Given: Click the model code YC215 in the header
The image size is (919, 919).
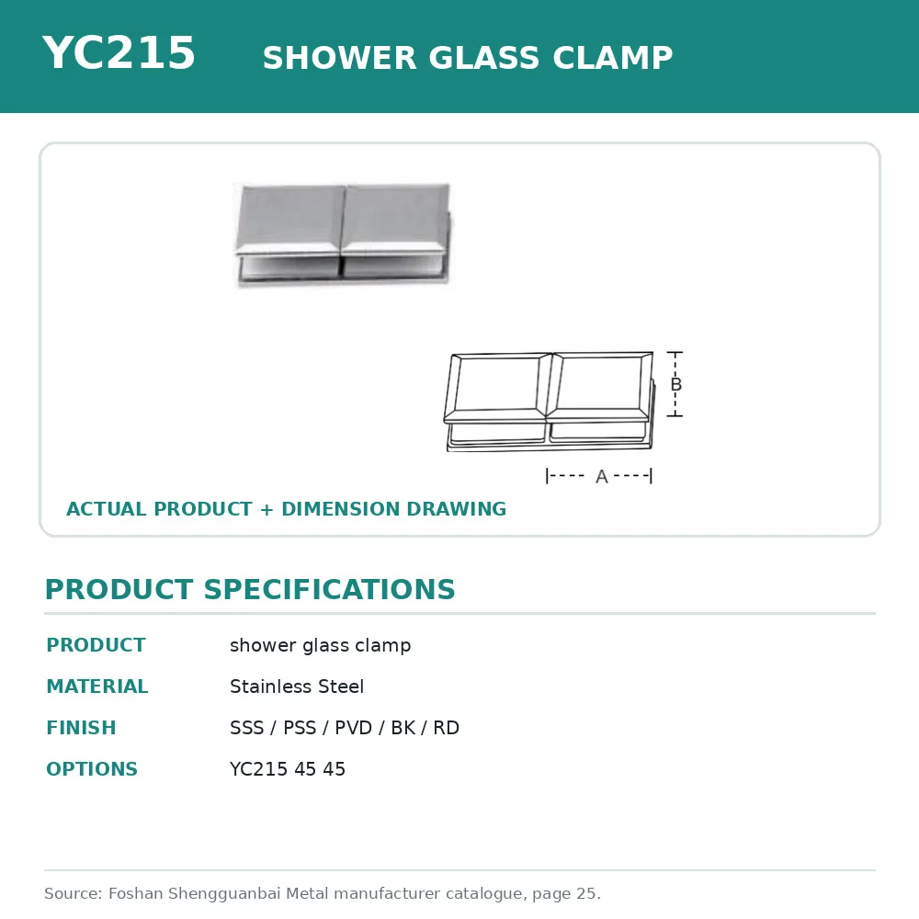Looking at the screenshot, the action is [x=119, y=52].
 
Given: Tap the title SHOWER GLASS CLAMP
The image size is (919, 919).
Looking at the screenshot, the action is [x=468, y=57].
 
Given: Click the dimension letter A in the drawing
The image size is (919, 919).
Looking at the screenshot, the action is [x=601, y=476].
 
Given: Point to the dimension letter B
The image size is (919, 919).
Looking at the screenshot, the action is [x=675, y=384].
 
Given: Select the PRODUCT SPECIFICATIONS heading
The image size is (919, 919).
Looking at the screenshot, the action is [x=250, y=589].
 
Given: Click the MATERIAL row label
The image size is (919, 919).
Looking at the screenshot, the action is [x=97, y=686].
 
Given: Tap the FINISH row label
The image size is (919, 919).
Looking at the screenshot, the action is [x=82, y=727].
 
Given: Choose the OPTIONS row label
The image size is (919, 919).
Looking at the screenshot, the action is [x=92, y=769].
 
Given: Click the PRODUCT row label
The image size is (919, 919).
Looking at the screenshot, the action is [x=96, y=645].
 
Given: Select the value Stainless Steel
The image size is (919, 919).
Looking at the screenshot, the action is [x=297, y=686].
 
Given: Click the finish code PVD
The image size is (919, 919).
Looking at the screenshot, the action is [x=354, y=727].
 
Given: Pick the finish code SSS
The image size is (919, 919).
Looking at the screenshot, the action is [x=246, y=727].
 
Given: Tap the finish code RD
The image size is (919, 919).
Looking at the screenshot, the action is [x=446, y=727].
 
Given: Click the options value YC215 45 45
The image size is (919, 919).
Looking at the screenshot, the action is [x=287, y=769].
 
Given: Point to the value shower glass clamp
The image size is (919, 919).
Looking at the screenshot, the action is [x=320, y=645].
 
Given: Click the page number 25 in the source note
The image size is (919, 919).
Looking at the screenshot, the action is [x=586, y=893].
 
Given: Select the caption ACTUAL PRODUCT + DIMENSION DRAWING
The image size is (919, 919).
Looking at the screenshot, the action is [x=286, y=509].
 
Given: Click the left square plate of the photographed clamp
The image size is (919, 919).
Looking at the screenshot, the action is [x=290, y=221].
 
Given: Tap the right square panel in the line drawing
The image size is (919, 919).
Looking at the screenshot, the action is [x=600, y=388].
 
